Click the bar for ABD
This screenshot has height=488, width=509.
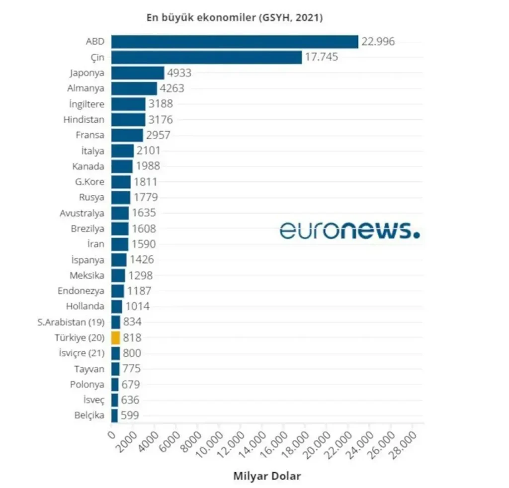coord(234,42)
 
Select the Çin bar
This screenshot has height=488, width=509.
coord(206,57)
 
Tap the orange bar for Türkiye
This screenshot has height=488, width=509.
coord(115,338)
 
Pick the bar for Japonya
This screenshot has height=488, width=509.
coord(137,73)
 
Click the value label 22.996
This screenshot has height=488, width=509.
coord(378,42)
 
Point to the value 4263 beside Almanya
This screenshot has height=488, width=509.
coord(172,88)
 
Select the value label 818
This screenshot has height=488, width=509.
coord(132,338)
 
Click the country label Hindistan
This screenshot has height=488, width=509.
coord(84,120)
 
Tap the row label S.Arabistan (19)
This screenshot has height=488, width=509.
coord(71,322)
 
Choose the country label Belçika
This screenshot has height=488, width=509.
coord(89,415)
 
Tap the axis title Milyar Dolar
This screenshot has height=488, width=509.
coord(267,476)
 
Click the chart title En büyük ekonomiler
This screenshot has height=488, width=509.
coord(235,18)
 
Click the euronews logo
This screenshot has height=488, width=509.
coord(349,230)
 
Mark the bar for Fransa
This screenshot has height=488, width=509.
coord(127,135)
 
